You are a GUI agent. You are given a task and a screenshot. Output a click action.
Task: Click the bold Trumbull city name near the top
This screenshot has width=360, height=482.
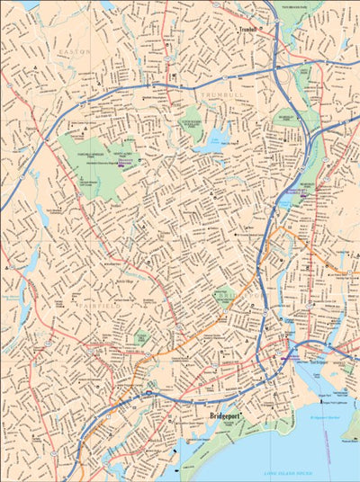(248, 30)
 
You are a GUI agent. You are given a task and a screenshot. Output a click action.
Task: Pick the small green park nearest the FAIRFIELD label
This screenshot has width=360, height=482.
(141, 338)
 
